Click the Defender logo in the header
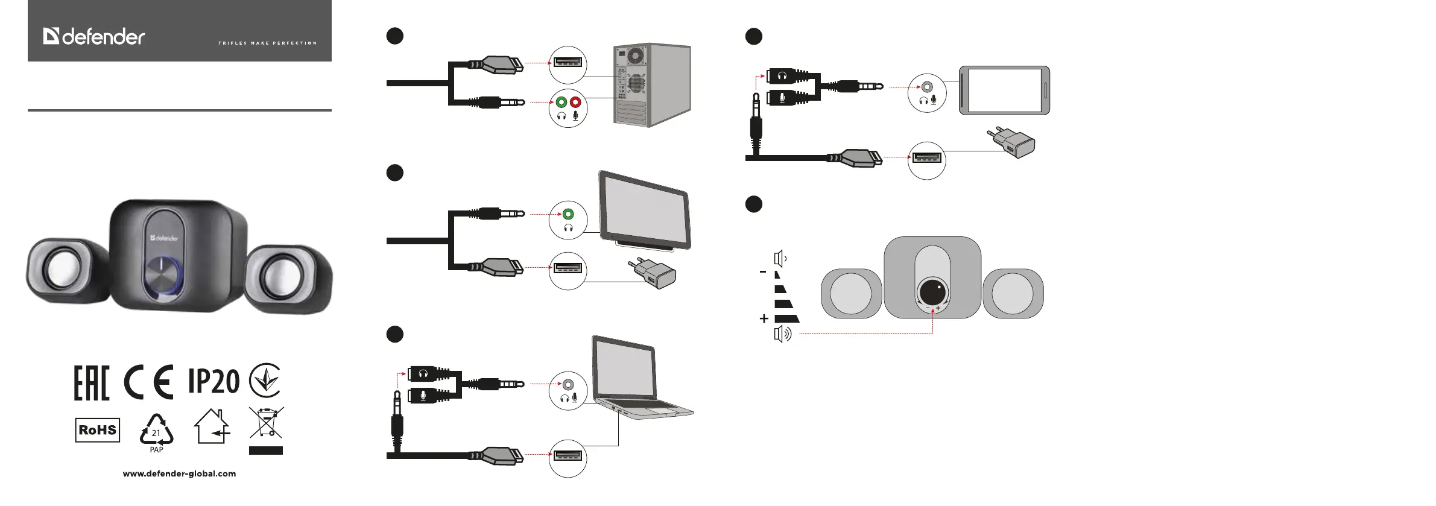94,37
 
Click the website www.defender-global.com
179,474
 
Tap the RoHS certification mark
97,430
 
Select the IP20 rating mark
214,381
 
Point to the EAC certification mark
92,382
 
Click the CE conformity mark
148,382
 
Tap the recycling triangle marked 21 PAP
156,432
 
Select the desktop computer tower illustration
651,84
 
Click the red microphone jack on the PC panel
575,103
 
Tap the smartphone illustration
1004,90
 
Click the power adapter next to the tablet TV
654,274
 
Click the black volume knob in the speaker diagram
932,292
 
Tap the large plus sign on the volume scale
764,318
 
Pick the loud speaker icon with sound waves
782,334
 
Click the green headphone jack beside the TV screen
568,214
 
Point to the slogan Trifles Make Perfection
267,43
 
